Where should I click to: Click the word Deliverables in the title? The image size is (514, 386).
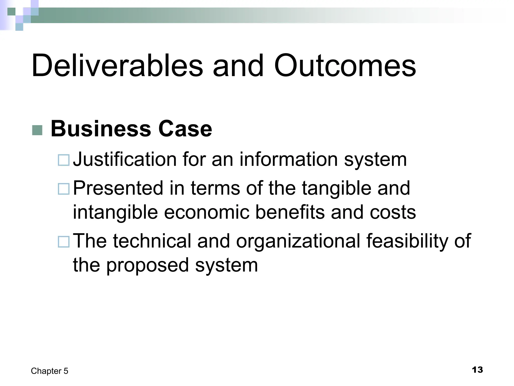(x=117, y=66)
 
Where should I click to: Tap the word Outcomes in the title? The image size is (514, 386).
(x=345, y=66)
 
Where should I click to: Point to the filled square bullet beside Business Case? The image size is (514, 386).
(x=37, y=130)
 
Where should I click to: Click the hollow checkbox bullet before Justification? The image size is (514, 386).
(x=63, y=160)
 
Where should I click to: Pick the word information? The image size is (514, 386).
(x=289, y=159)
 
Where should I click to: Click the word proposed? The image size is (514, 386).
(x=148, y=265)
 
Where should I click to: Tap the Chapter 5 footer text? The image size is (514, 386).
(x=49, y=371)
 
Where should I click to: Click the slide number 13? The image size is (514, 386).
(x=477, y=370)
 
